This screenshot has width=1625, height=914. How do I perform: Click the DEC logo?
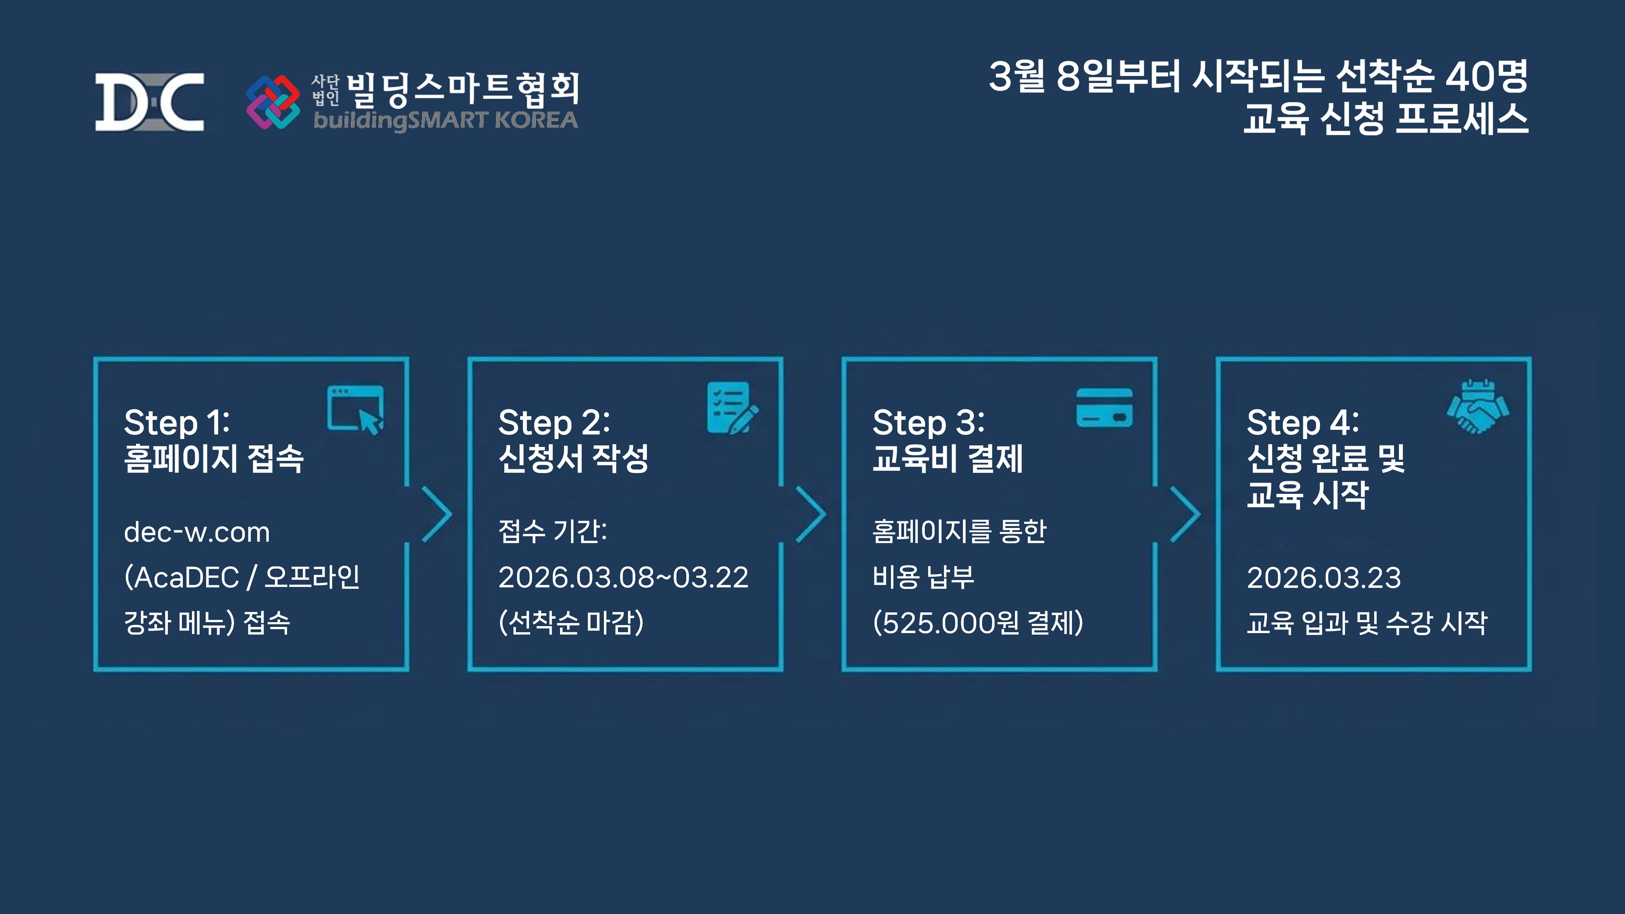[x=150, y=102]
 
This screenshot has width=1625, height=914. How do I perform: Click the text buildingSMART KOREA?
[x=445, y=120]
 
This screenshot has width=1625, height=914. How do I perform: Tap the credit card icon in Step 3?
[x=1104, y=407]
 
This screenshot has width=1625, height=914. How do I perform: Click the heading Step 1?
[x=177, y=422]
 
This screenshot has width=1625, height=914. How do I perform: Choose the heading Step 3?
[x=928, y=422]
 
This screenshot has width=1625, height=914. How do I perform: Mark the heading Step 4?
[x=1302, y=422]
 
